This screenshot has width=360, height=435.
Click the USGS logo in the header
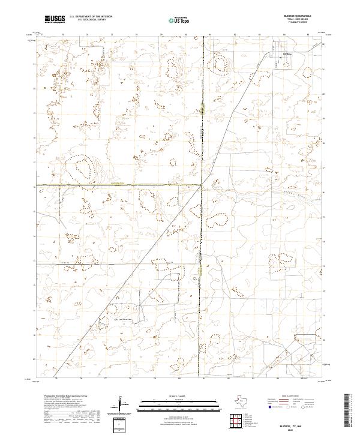[x=55, y=20]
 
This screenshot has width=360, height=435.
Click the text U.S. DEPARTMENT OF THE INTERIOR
[x=91, y=17]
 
